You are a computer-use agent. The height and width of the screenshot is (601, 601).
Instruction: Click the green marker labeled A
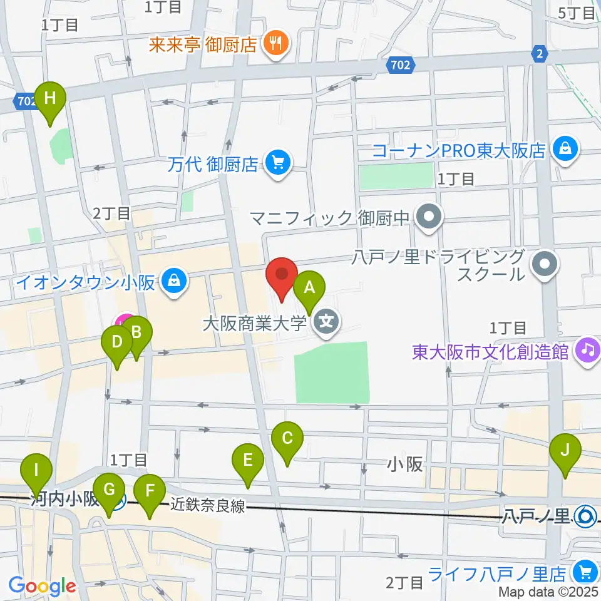(x=309, y=287)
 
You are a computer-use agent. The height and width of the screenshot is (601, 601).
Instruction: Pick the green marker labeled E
(x=248, y=461)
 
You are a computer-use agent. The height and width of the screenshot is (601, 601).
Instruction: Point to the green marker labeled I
(x=36, y=470)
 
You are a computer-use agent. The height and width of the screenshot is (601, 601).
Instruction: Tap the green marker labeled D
(x=116, y=342)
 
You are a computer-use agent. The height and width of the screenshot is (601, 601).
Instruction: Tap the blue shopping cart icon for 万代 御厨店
(x=275, y=164)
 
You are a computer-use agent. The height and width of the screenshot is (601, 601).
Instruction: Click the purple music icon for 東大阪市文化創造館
(x=587, y=349)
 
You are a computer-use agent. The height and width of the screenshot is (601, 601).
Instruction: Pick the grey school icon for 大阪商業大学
(x=326, y=323)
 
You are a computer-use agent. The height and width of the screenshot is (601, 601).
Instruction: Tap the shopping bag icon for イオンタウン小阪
(x=172, y=282)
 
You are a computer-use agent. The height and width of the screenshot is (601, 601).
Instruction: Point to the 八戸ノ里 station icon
(x=587, y=516)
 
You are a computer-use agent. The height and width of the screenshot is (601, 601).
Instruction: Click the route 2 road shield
(x=538, y=54)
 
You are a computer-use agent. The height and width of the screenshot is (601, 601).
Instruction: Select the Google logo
(x=42, y=586)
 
